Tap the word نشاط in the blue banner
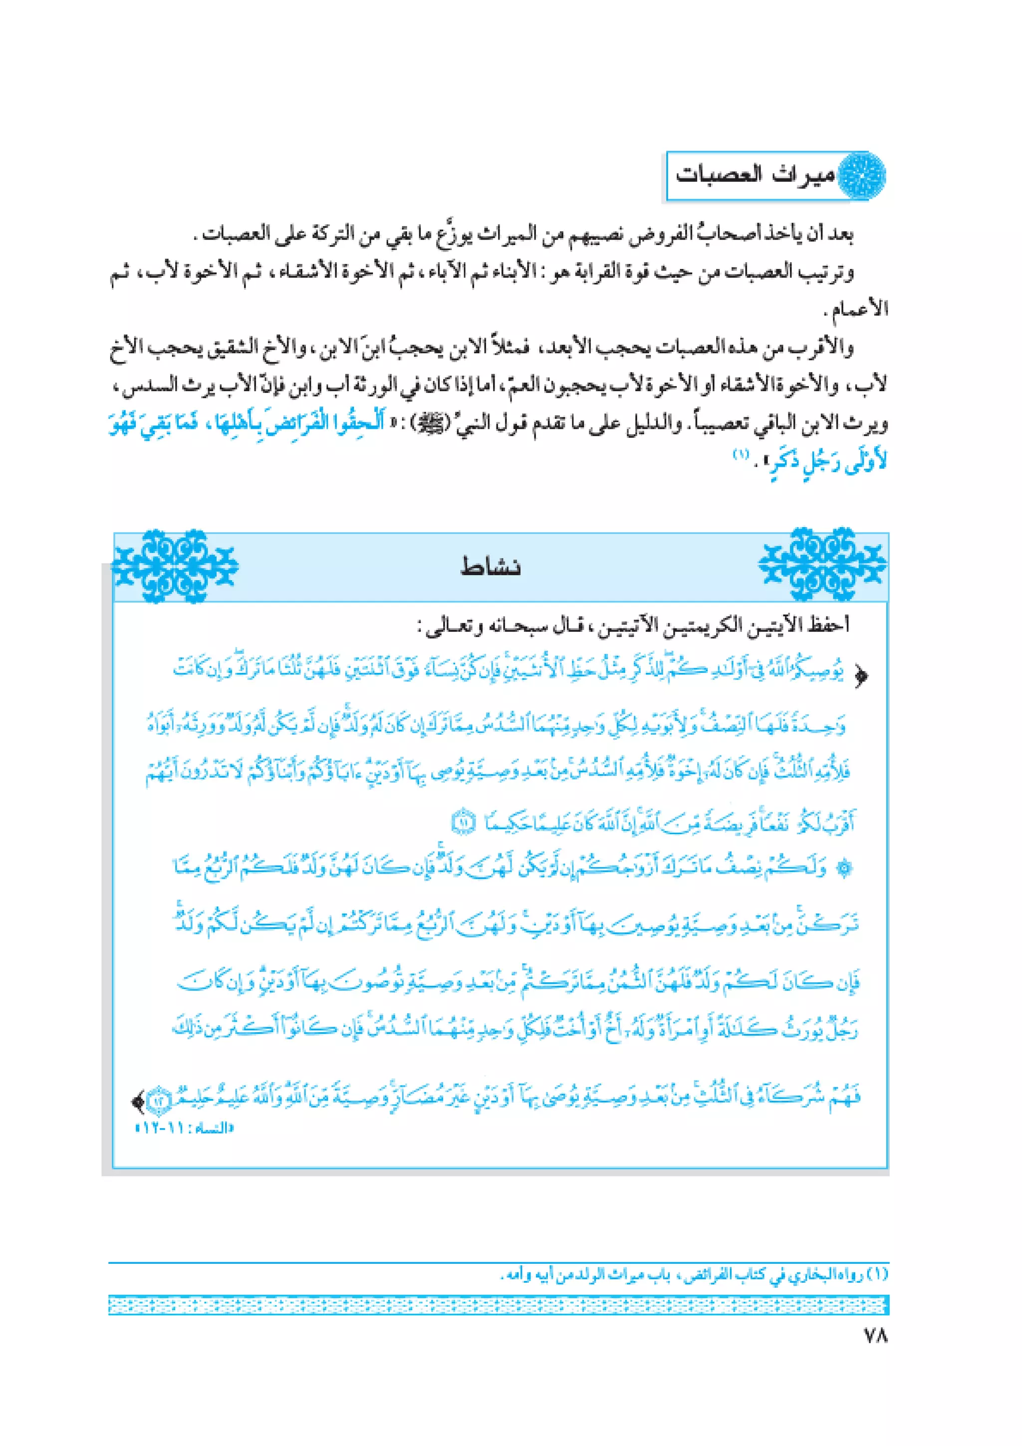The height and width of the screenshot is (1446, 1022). pyautogui.click(x=491, y=567)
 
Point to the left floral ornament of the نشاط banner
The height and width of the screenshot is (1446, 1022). pyautogui.click(x=175, y=565)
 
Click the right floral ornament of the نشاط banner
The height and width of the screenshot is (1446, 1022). pyautogui.click(x=822, y=565)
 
